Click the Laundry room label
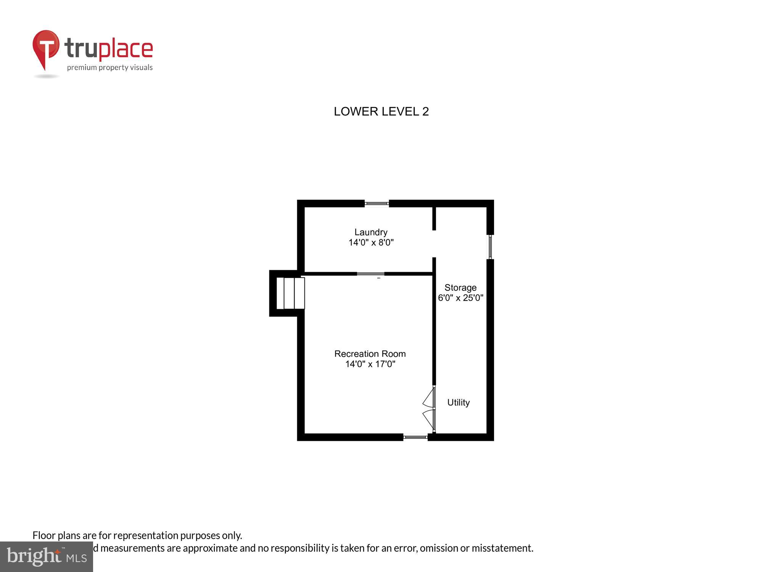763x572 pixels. click(371, 232)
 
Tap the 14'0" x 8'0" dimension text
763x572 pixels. click(371, 243)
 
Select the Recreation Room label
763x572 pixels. click(370, 354)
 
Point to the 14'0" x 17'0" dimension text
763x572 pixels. click(370, 364)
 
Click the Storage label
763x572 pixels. click(460, 288)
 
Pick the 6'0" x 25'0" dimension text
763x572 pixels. click(460, 298)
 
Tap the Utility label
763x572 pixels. click(458, 403)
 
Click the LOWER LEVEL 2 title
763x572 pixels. click(381, 112)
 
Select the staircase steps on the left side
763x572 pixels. click(290, 293)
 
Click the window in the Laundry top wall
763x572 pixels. click(377, 204)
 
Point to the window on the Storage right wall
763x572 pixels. click(490, 247)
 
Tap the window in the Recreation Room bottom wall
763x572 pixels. click(415, 437)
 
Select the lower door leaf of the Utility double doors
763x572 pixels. click(429, 419)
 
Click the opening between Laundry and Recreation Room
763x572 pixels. click(370, 274)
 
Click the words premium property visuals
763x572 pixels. click(110, 68)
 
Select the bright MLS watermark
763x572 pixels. click(47, 557)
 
